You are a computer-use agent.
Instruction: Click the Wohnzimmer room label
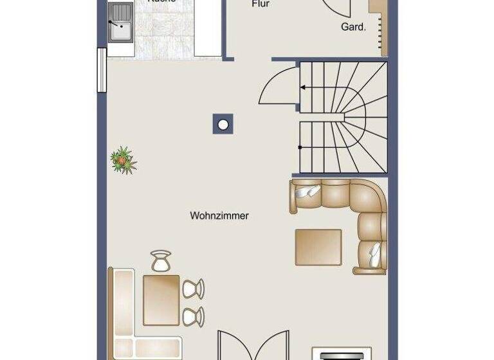[219, 216]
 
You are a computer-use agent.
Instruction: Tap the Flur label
[260, 4]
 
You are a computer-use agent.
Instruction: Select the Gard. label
[353, 27]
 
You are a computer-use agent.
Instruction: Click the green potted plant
[123, 160]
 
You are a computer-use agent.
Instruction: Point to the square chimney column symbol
[223, 123]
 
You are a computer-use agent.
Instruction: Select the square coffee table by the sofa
[318, 247]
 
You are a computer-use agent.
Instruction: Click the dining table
[161, 299]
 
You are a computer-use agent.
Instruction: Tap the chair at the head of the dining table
[161, 260]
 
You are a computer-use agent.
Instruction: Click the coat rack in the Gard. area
[379, 26]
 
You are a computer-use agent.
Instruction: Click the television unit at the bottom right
[341, 354]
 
